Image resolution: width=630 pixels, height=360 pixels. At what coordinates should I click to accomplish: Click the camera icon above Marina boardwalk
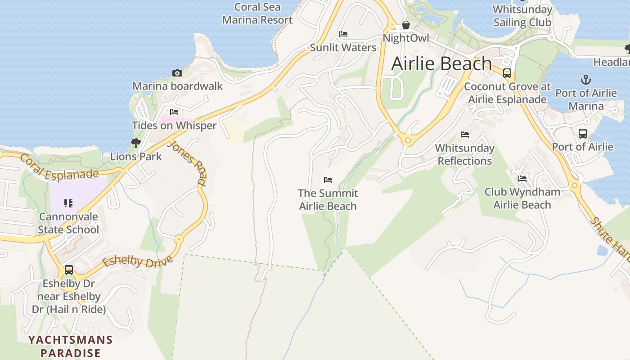[177, 73]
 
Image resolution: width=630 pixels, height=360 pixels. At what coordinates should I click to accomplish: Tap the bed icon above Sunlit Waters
[343, 34]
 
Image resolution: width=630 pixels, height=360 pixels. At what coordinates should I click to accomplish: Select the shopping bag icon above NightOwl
[406, 25]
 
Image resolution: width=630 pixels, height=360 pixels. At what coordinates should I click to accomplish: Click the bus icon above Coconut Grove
[507, 73]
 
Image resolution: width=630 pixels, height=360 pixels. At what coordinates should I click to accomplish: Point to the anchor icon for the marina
[585, 80]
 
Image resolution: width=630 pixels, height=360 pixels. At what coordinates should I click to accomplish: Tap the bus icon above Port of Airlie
[583, 134]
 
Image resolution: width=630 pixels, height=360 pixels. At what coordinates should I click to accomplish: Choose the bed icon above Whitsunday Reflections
[465, 135]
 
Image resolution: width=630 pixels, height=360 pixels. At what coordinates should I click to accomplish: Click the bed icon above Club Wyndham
[522, 179]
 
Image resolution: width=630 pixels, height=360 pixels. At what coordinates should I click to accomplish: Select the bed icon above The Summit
[328, 180]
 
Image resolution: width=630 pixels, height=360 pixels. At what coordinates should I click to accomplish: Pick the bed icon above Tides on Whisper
[174, 112]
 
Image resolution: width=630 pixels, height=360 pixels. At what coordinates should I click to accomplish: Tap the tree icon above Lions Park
[135, 143]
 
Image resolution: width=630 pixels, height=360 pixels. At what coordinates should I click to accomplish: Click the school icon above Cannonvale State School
[68, 203]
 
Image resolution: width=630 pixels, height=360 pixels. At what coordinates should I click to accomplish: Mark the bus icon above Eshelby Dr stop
[69, 270]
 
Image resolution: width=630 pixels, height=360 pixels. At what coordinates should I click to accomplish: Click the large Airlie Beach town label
[441, 63]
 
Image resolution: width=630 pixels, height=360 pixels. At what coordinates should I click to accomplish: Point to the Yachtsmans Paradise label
[70, 346]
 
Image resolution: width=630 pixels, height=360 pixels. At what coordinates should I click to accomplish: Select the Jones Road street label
[187, 163]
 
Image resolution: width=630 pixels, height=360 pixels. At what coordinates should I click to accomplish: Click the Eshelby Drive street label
[138, 261]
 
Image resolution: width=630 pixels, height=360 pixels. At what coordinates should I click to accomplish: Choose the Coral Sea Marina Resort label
[257, 13]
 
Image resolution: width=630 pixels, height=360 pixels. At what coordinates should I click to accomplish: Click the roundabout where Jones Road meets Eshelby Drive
[179, 239]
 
